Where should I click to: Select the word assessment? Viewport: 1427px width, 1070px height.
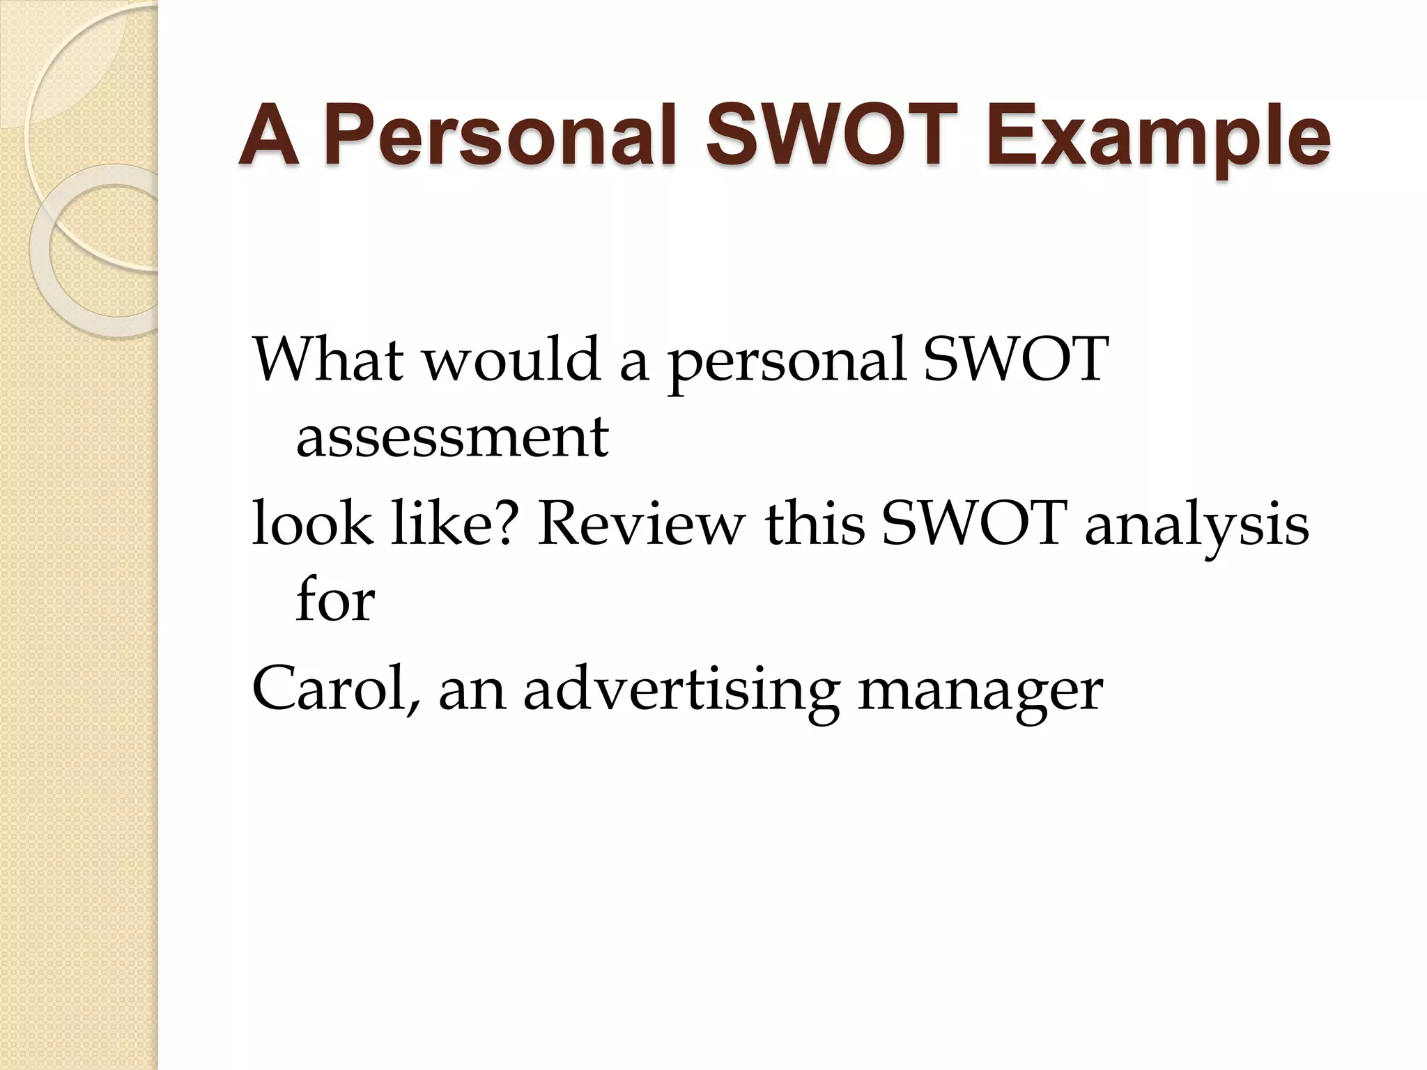[x=452, y=438]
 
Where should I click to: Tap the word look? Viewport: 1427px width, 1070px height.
[x=311, y=524]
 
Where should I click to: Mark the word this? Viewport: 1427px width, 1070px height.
[x=815, y=524]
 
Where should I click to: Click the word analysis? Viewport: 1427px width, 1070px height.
[x=1196, y=524]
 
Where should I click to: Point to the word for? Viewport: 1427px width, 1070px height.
[x=335, y=600]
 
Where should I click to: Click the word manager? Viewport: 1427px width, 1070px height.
[x=980, y=688]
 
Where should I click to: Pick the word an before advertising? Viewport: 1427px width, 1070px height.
[x=471, y=688]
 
